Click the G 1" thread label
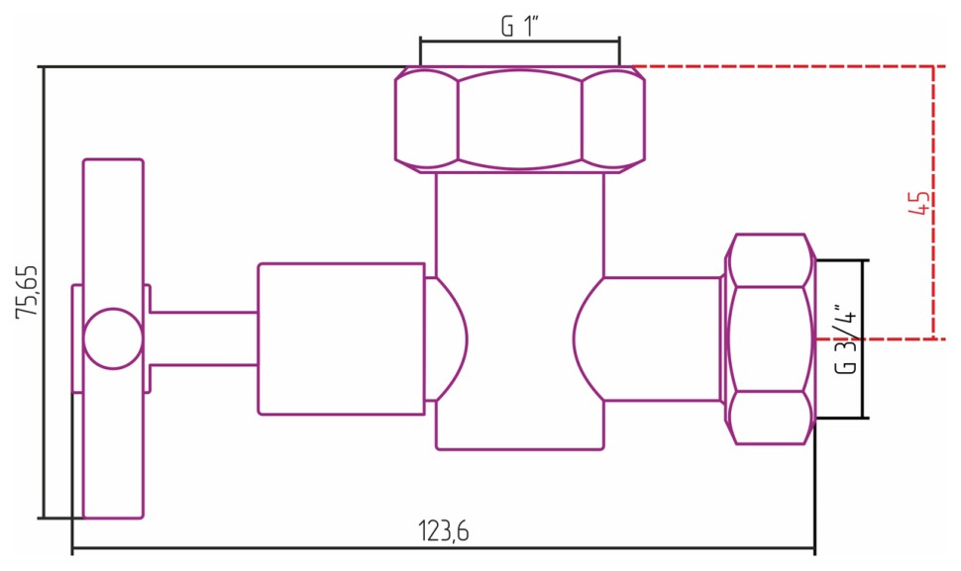(519, 27)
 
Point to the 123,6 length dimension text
(443, 531)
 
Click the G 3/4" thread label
(844, 338)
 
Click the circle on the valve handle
(112, 338)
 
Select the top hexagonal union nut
(520, 119)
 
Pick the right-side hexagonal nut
(770, 338)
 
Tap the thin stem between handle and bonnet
(203, 338)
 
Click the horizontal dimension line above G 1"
(519, 41)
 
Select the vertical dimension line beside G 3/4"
(865, 338)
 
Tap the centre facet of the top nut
(519, 119)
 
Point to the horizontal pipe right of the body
(659, 338)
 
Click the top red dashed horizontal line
(783, 66)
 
